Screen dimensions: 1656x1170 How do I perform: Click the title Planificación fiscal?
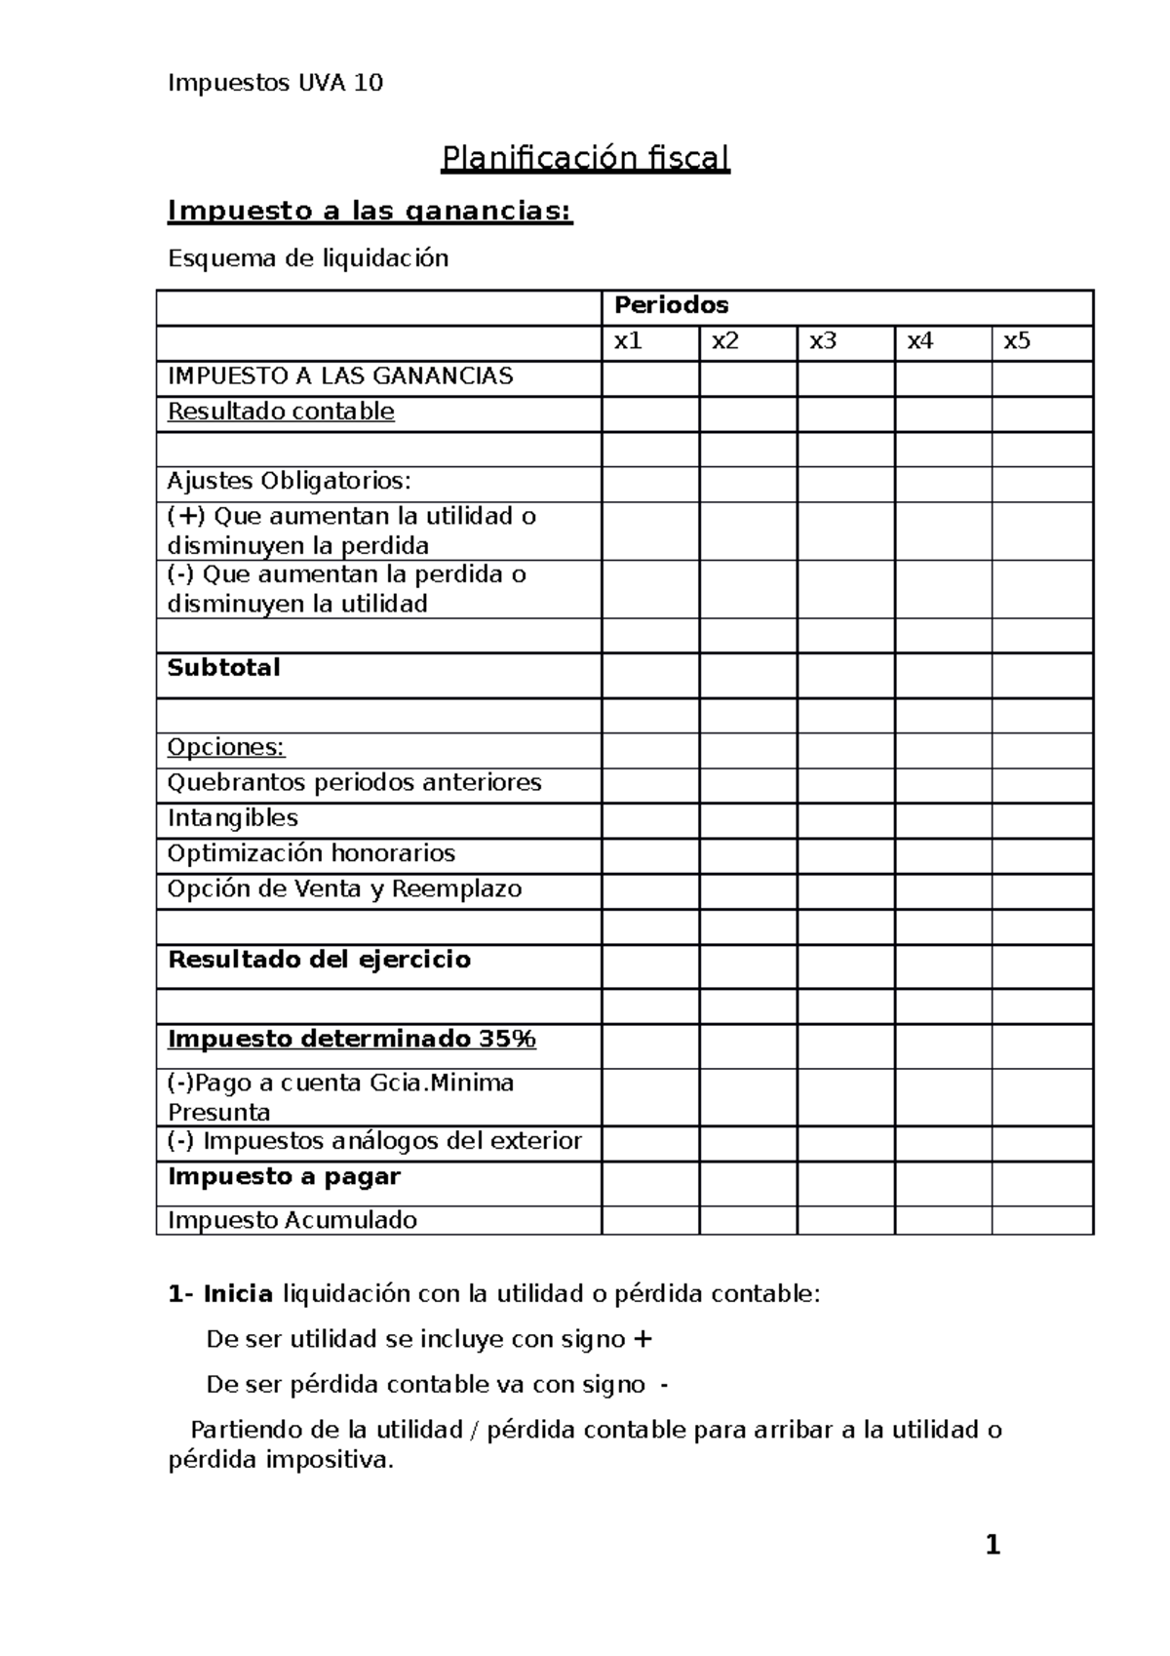[x=585, y=158]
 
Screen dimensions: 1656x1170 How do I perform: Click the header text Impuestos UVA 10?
[x=275, y=83]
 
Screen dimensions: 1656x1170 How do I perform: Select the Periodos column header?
[x=671, y=305]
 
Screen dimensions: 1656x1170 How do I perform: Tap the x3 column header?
[x=823, y=341]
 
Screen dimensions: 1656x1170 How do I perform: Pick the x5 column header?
[x=1017, y=341]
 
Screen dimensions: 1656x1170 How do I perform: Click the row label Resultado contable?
[x=281, y=412]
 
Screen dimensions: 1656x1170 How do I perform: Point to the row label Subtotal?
[x=224, y=668]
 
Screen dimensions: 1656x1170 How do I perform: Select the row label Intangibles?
[x=233, y=818]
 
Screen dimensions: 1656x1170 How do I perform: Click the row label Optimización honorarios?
[x=311, y=853]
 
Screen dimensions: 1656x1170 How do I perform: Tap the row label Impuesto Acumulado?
[x=292, y=1220]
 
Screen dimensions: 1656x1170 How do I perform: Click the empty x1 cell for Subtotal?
[x=650, y=675]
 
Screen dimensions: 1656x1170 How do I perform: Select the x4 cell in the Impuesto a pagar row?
[x=943, y=1183]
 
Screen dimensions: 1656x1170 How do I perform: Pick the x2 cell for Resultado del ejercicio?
[x=748, y=966]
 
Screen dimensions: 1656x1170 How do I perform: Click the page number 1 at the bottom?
[x=993, y=1546]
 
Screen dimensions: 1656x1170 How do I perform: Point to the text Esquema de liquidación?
[x=308, y=258]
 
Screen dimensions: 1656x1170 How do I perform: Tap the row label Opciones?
[x=226, y=748]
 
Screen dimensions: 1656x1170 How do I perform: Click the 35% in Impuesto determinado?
[x=507, y=1040]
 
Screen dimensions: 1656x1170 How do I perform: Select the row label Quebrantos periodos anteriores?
[x=354, y=783]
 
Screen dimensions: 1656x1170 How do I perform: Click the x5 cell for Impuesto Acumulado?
[x=1042, y=1220]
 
